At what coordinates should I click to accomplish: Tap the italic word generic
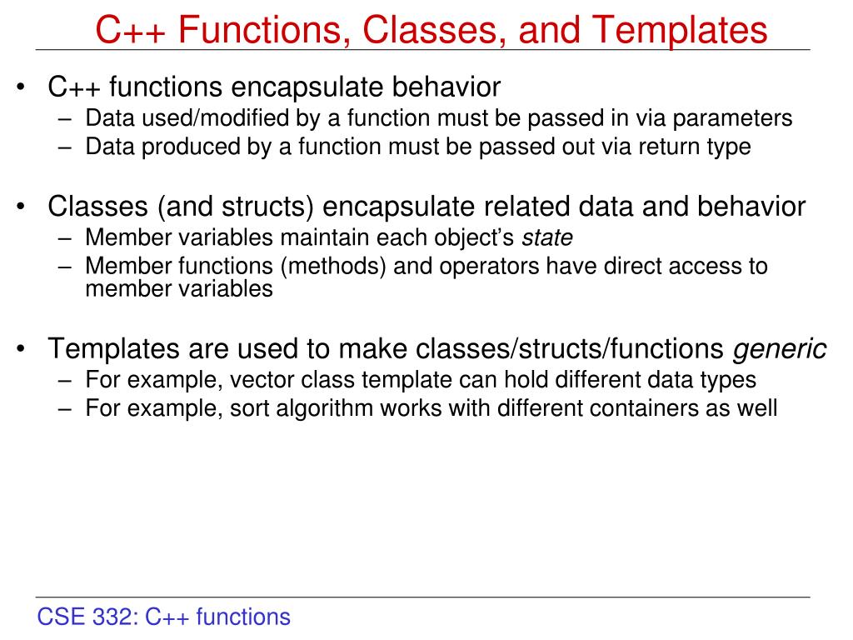point(780,348)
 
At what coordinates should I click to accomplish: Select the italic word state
point(547,237)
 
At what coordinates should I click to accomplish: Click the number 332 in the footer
point(117,617)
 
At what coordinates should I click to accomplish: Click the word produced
point(179,147)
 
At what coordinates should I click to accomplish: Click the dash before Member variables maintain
point(67,237)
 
